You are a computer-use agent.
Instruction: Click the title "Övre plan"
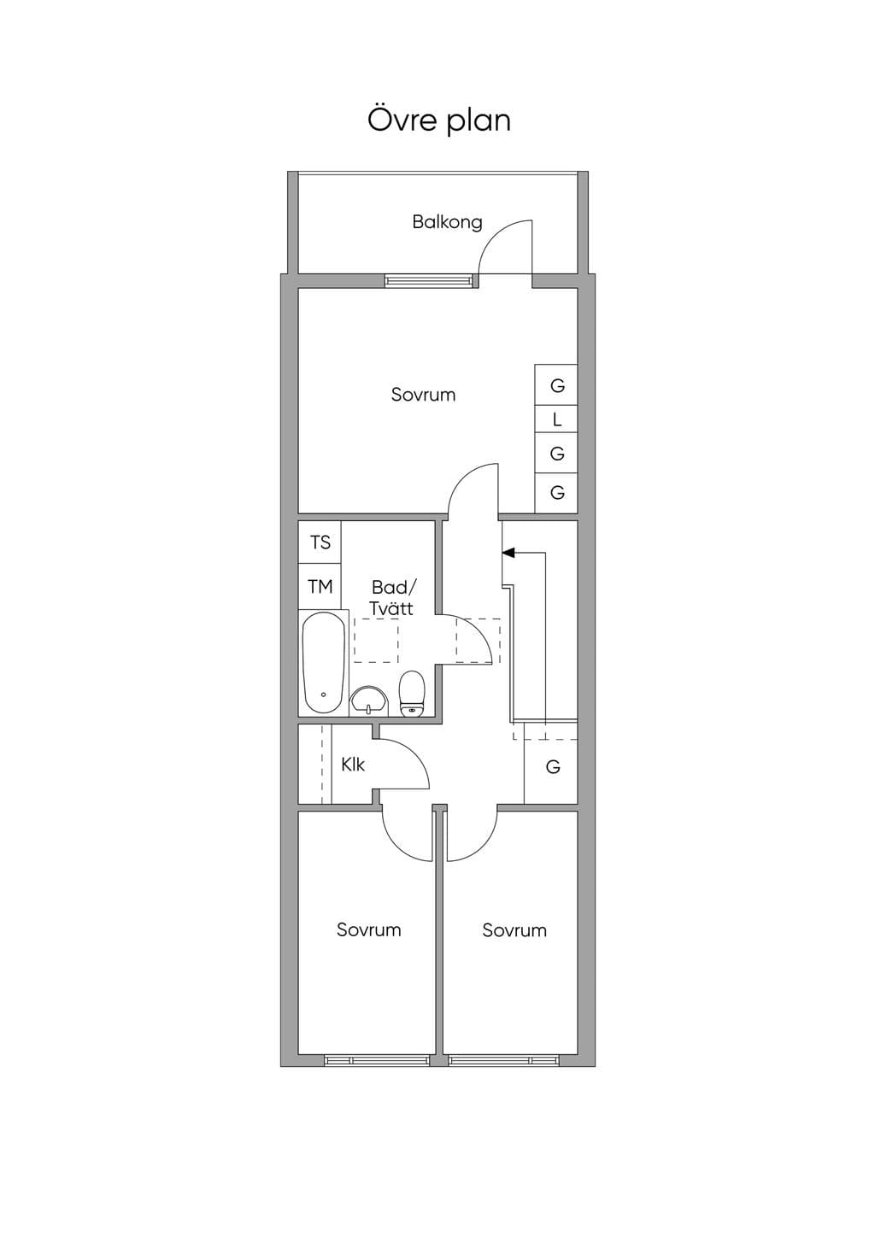click(439, 120)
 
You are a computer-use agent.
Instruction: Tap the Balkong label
click(448, 223)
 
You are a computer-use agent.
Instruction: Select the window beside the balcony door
click(429, 281)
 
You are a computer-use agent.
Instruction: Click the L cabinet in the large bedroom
click(556, 419)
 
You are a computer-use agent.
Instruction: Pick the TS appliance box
click(320, 542)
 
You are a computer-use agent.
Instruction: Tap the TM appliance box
click(320, 587)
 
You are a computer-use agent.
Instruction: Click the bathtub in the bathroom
click(324, 663)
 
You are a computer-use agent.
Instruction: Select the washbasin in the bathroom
click(369, 701)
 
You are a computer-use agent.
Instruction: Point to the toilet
click(412, 694)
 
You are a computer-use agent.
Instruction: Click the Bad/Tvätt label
click(391, 597)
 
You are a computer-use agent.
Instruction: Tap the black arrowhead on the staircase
click(508, 551)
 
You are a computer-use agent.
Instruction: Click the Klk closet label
click(352, 765)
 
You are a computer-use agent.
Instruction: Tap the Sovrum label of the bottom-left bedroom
click(369, 930)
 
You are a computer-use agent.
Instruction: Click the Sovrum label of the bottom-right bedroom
click(514, 930)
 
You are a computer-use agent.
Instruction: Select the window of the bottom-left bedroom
click(377, 1060)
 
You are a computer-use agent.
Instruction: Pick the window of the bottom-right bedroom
click(504, 1060)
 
